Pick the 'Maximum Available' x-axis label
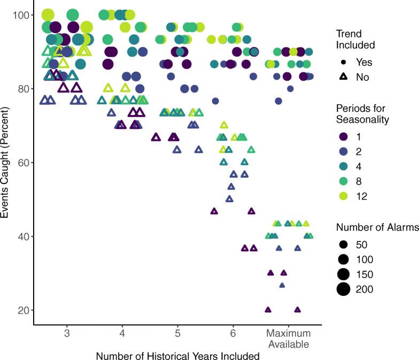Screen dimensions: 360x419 click(289, 339)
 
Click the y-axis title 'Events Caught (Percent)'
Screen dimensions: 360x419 click(6, 163)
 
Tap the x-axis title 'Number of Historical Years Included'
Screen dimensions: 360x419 click(177, 355)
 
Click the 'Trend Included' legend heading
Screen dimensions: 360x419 click(355, 39)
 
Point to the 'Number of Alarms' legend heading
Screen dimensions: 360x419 click(377, 228)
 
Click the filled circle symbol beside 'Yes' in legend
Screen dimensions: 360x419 click(343, 62)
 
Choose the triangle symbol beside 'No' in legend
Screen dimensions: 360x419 click(343, 77)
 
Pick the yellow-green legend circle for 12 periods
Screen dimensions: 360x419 click(343, 196)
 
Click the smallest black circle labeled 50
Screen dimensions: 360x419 click(343, 244)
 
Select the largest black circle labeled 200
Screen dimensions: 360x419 click(343, 289)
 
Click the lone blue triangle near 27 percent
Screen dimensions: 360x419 click(282, 285)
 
